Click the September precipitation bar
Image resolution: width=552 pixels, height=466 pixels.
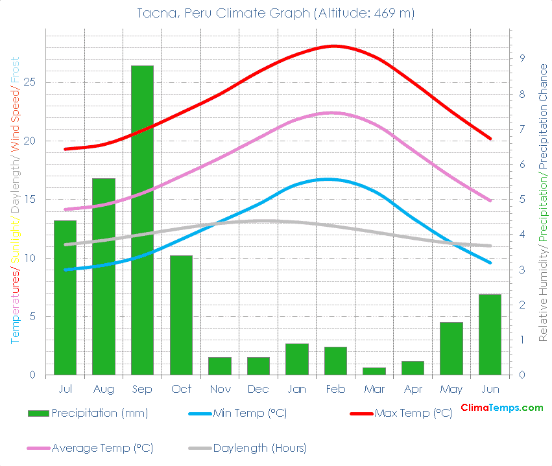[142, 220]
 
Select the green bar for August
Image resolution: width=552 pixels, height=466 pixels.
[104, 277]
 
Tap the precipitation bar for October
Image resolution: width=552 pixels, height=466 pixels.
[181, 315]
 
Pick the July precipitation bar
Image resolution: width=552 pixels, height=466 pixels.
[65, 297]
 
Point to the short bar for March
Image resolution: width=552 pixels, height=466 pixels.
[374, 371]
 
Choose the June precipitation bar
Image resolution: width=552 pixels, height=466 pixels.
[490, 334]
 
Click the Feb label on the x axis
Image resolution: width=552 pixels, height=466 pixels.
[335, 389]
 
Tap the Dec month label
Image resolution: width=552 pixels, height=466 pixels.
[258, 389]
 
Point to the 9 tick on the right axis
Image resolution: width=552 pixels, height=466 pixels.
[521, 58]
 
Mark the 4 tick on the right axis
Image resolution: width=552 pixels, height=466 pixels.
[521, 234]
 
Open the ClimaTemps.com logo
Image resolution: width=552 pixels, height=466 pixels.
[501, 408]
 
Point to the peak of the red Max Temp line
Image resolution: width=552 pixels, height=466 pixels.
[335, 46]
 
